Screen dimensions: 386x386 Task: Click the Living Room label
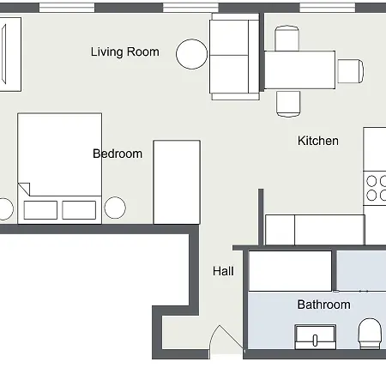click(124, 51)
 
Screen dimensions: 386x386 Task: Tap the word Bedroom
click(118, 154)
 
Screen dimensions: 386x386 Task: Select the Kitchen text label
click(317, 141)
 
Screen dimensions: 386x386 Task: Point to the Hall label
click(223, 271)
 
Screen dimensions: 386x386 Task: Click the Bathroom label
click(323, 305)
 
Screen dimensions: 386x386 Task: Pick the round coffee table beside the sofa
click(191, 54)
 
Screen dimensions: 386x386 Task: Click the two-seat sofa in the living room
click(233, 57)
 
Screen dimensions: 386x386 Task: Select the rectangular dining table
click(299, 69)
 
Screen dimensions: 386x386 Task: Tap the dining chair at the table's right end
click(350, 70)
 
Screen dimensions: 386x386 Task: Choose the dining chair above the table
click(287, 38)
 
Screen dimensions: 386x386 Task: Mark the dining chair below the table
click(288, 102)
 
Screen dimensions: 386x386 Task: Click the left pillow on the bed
click(40, 209)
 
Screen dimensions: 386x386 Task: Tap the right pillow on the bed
click(79, 209)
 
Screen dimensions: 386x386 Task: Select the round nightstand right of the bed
click(115, 208)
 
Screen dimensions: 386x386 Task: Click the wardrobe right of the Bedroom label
click(177, 182)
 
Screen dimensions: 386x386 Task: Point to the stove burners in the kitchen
click(376, 188)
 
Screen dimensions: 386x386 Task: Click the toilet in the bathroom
click(371, 334)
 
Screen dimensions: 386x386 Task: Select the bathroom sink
click(316, 335)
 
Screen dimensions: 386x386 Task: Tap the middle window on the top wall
click(191, 7)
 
